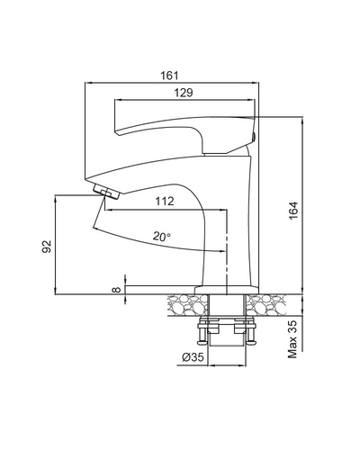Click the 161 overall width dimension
169,76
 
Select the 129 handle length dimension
184,93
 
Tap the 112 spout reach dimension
165,201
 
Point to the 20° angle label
161,237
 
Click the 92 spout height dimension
47,247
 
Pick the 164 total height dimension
293,210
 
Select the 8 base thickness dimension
116,290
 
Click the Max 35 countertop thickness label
292,339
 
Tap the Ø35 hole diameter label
193,357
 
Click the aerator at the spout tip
106,192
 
